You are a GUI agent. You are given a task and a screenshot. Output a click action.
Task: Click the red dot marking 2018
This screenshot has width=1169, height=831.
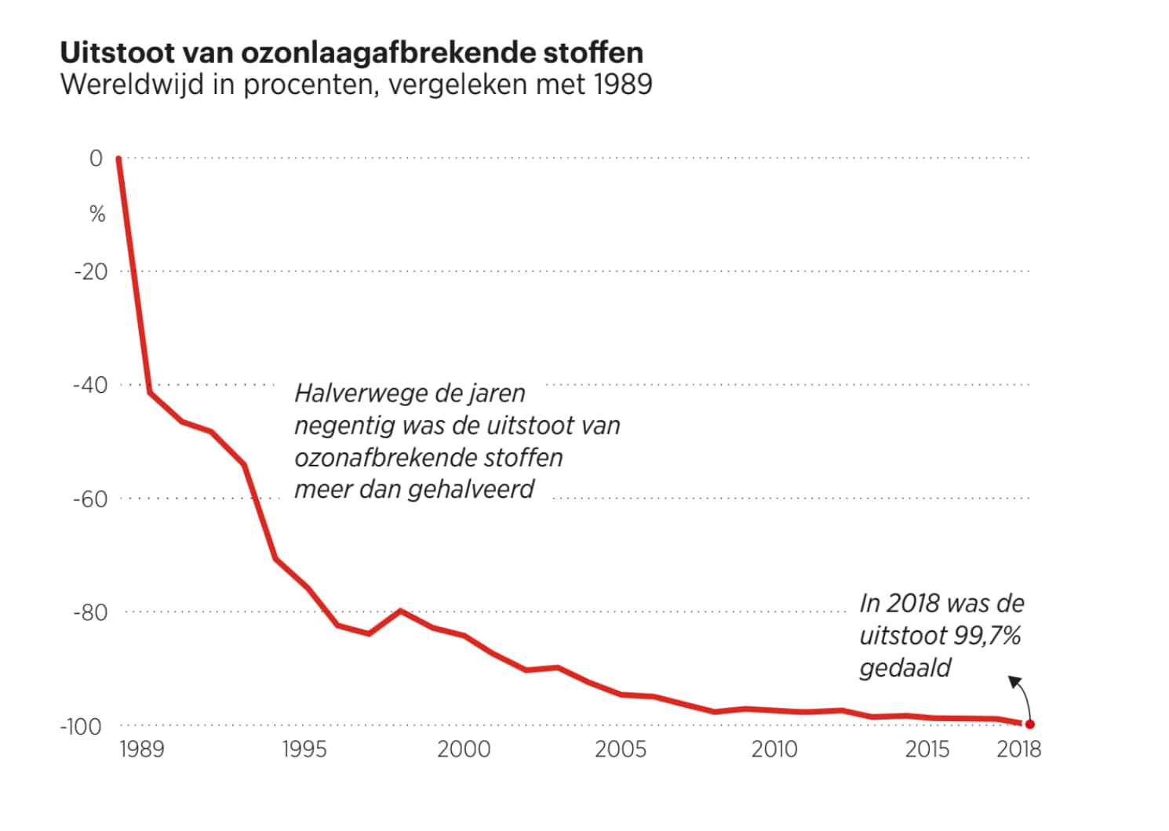pos(1029,724)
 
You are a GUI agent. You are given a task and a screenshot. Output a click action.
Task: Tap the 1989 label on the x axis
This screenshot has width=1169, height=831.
pos(142,749)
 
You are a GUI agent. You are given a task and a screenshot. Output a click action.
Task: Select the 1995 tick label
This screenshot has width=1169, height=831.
pos(304,749)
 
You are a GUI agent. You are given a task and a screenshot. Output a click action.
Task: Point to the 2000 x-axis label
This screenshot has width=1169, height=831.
pos(464,749)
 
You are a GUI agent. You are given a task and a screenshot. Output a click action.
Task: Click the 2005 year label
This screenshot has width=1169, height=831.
pos(621,749)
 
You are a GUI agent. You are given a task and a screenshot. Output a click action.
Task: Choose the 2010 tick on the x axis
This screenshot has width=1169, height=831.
pos(774,749)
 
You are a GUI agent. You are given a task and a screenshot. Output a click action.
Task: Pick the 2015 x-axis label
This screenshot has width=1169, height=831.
pos(927,749)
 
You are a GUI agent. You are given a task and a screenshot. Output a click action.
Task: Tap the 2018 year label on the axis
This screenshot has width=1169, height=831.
pos(1019,749)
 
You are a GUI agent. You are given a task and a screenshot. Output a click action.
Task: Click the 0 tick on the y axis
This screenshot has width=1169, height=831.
pos(96,158)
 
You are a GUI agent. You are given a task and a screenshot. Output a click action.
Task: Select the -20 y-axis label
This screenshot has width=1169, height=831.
pos(91,272)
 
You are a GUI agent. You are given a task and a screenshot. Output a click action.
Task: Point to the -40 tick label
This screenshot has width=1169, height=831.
pos(90,385)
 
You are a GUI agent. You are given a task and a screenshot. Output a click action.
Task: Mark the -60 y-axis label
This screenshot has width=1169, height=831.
pos(90,499)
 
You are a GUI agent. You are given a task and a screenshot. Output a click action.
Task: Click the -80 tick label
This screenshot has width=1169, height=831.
pos(90,612)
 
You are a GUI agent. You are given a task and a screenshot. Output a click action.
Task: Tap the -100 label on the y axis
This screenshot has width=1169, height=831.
pos(82,726)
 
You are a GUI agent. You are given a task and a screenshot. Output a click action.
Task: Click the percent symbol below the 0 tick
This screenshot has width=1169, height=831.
pos(97,214)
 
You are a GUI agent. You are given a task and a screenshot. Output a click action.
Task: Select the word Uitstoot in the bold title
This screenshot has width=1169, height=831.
pos(117,53)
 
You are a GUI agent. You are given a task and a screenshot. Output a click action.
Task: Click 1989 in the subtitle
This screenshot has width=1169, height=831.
pos(623,84)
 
